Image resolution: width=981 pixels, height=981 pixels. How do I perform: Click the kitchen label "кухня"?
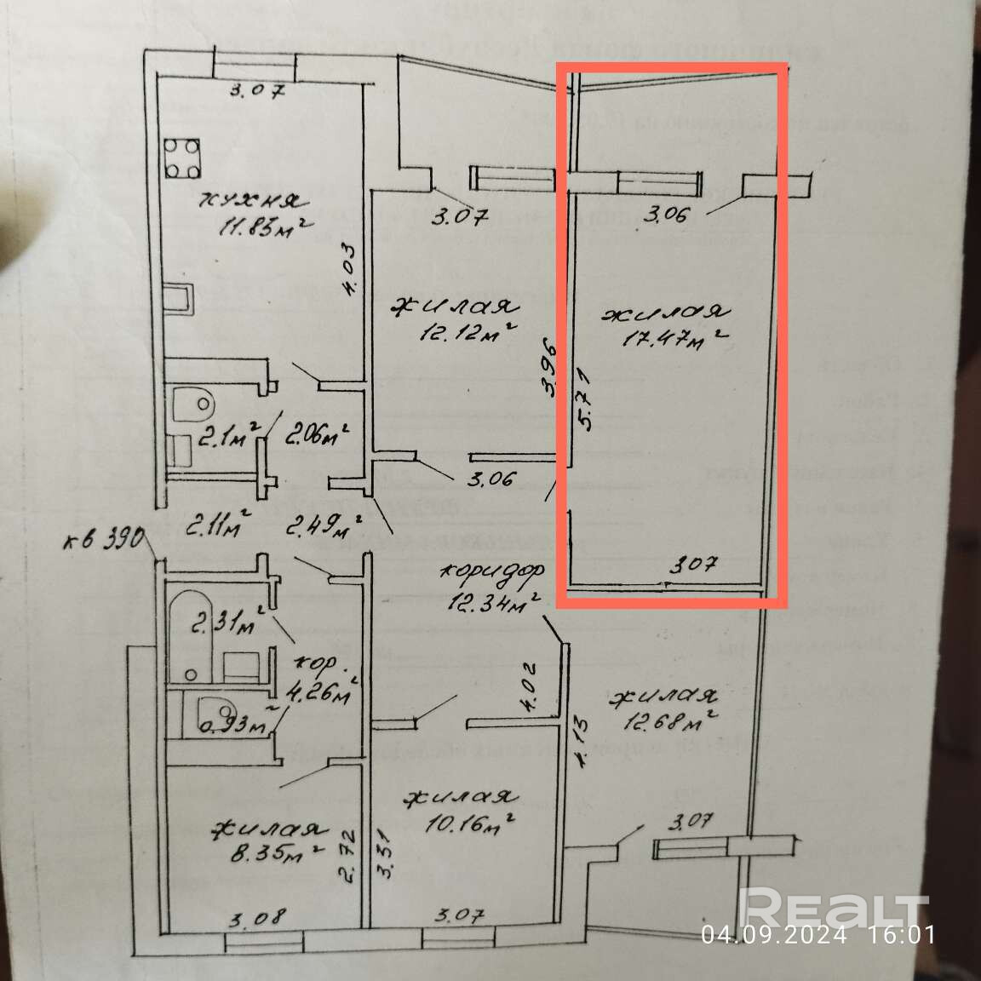tap(248, 201)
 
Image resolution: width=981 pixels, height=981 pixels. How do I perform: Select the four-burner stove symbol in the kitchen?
tap(182, 158)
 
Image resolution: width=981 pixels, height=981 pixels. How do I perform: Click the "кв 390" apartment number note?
tap(106, 540)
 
